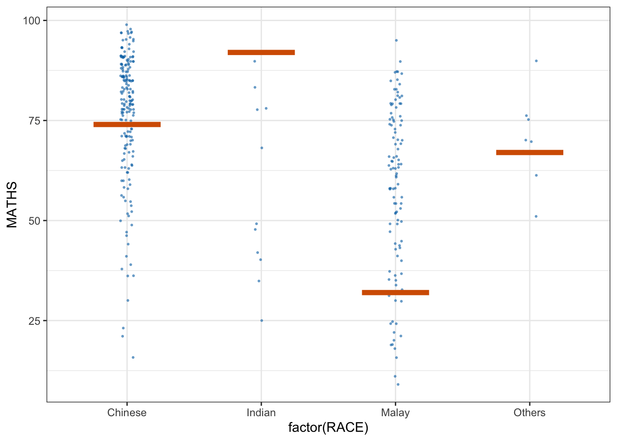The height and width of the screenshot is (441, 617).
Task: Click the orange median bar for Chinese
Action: point(127,124)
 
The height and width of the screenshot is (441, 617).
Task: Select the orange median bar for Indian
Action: point(261,52)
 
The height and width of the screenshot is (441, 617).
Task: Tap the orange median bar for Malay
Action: point(395,293)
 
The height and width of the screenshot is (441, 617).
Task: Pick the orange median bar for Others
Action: point(529,153)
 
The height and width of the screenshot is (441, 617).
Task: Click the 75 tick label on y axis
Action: point(34,121)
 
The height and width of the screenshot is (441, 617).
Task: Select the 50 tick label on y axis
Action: point(34,221)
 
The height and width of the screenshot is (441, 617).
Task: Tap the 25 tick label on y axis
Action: point(34,321)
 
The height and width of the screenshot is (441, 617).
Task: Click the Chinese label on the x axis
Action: point(127,413)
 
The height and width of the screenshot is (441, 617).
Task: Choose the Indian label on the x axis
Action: point(261,413)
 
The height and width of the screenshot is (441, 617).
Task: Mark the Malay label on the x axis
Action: point(395,413)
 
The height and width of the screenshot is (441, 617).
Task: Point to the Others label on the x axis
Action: point(529,413)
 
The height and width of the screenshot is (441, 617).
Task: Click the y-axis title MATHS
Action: point(12,204)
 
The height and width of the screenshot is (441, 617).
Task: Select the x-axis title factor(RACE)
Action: point(328,428)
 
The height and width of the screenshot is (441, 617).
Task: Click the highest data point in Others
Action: point(536,61)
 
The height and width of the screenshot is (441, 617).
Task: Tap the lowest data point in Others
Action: point(536,216)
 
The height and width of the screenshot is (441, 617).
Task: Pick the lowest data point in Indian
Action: point(262,321)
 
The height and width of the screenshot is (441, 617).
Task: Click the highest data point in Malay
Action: point(396,40)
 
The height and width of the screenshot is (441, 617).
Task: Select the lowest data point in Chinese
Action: point(133,357)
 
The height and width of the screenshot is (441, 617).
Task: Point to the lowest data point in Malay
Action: point(398,384)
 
